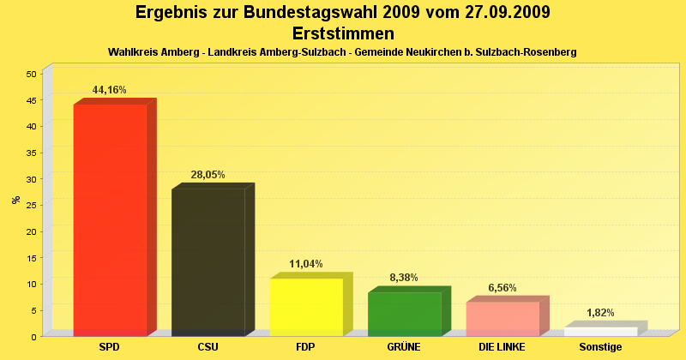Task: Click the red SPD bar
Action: tap(110, 219)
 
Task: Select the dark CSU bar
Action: tap(208, 261)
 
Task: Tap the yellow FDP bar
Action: tap(306, 306)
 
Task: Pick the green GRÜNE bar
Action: tap(404, 314)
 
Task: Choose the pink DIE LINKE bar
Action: tap(502, 318)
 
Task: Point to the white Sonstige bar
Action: tap(600, 331)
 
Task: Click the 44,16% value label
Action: tap(110, 90)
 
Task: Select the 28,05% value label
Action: tap(208, 175)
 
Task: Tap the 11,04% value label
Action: tap(306, 264)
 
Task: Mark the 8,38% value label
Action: tap(404, 278)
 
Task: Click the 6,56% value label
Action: tap(502, 288)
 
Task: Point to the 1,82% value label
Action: tap(600, 313)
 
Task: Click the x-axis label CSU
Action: tap(208, 347)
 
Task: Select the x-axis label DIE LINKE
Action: tap(502, 347)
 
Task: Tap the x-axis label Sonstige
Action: tap(600, 347)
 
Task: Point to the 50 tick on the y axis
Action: tap(31, 74)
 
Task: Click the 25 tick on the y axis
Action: tap(31, 205)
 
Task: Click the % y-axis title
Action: tap(15, 200)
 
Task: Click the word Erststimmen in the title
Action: tap(343, 34)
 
